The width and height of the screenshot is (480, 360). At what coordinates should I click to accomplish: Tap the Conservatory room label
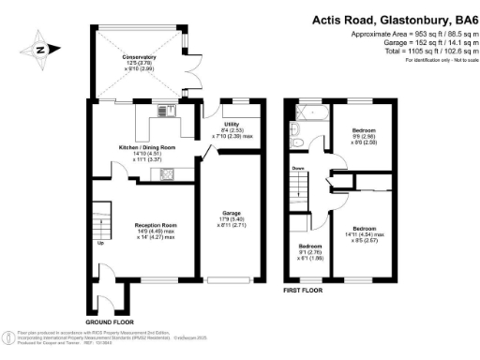[x=138, y=58]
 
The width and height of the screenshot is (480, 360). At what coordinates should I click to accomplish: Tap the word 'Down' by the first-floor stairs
[x=298, y=168]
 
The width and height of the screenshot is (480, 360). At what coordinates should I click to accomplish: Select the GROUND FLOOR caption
[x=110, y=297]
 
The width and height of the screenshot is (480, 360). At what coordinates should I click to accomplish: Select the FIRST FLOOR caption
[x=304, y=292]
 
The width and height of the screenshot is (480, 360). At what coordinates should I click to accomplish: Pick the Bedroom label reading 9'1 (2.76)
[x=307, y=247]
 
